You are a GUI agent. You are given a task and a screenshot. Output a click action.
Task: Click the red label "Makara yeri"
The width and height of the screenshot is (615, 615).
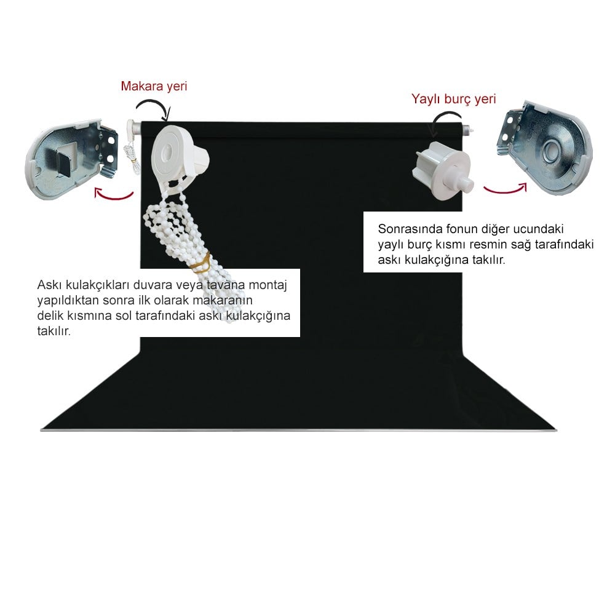(x=154, y=86)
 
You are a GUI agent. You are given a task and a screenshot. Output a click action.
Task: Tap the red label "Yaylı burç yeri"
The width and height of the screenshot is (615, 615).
(x=453, y=99)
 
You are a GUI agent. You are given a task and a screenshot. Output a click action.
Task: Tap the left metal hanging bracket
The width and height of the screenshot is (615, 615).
(x=72, y=159)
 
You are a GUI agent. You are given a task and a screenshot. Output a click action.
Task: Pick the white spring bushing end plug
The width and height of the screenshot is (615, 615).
(x=442, y=170)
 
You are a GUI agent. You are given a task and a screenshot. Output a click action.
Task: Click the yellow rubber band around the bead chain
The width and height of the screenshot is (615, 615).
(x=202, y=262)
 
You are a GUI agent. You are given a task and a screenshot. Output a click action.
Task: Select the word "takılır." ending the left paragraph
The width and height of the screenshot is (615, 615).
(x=54, y=331)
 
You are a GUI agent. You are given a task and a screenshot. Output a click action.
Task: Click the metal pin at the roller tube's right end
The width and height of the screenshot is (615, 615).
(x=469, y=128)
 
